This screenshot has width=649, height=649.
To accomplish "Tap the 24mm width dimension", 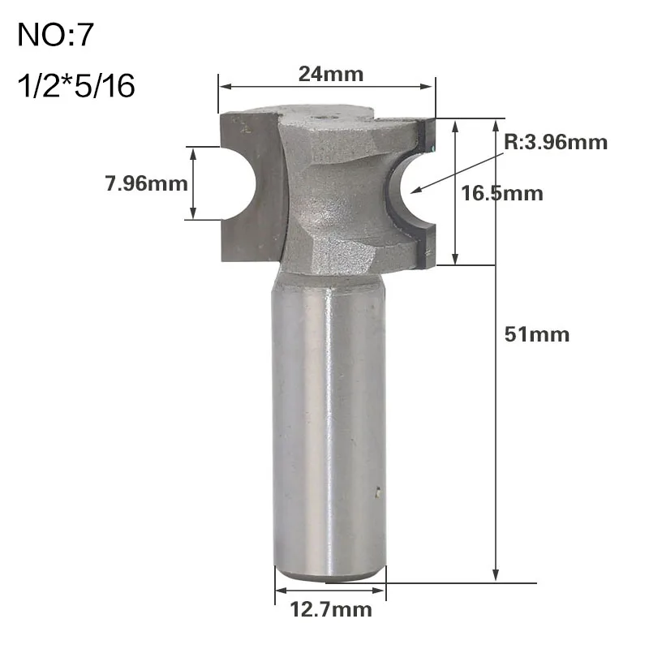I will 330,74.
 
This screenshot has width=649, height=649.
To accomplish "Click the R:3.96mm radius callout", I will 556,143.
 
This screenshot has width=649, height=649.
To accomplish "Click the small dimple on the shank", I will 377,490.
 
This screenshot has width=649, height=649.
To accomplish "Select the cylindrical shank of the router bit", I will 329,422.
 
